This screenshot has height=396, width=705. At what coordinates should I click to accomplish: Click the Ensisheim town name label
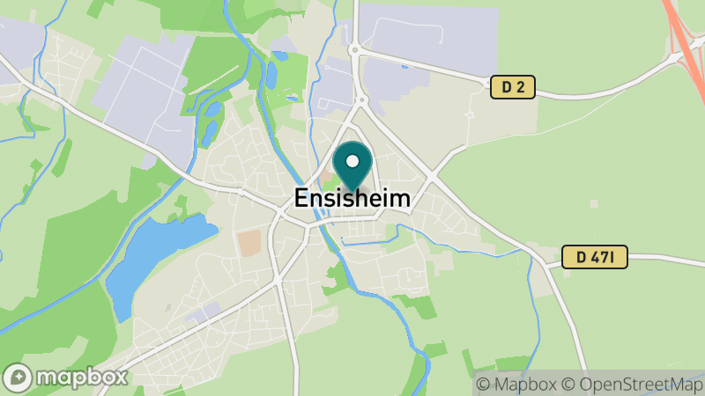(x=352, y=199)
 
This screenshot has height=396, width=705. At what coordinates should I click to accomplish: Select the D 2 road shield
(x=512, y=87)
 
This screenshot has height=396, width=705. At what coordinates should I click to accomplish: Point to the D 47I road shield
(x=595, y=257)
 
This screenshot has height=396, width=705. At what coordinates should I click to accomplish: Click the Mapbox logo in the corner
(x=66, y=377)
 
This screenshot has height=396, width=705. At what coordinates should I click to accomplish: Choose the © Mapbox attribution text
(x=517, y=384)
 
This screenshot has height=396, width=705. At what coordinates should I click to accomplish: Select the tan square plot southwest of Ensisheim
(x=249, y=243)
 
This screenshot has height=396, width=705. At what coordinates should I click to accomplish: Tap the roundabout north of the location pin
(x=355, y=50)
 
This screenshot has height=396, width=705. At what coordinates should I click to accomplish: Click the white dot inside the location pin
(x=352, y=161)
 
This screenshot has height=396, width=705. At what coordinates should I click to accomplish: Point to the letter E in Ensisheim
(x=301, y=199)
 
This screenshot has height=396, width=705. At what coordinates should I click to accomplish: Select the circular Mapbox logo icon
(x=19, y=377)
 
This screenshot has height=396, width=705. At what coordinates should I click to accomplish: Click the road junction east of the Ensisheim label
(x=431, y=176)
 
